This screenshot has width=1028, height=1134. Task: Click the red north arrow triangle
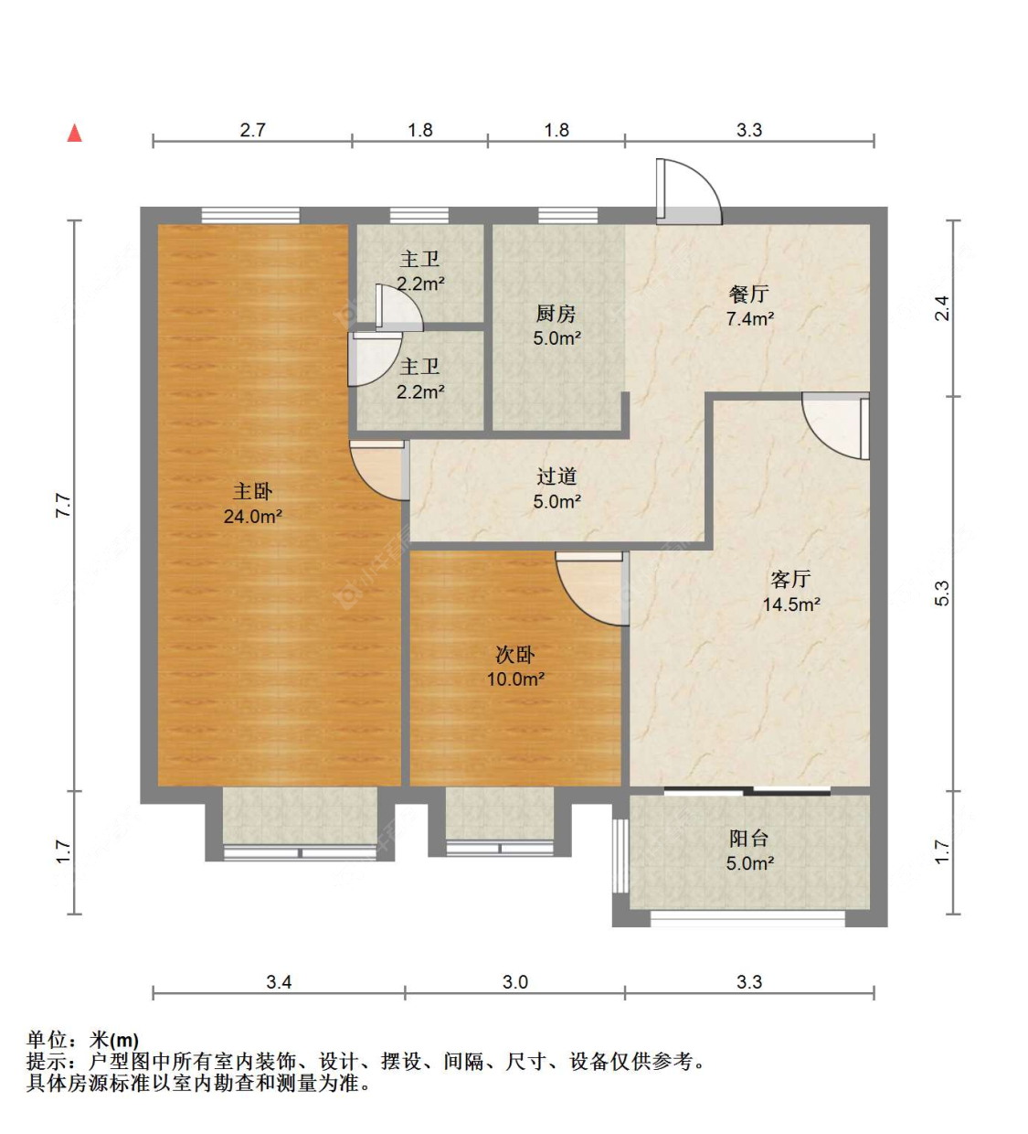coord(75,134)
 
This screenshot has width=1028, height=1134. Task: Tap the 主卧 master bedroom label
coord(252,491)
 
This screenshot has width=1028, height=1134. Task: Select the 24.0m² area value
coord(252,516)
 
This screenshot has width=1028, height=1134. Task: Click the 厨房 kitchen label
coord(556,314)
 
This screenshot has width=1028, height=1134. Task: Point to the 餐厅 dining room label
coord(749,294)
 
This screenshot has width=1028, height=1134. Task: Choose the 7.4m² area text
coord(749,319)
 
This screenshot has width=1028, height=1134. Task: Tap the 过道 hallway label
coord(556,476)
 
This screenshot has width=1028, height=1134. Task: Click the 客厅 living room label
coord(790,579)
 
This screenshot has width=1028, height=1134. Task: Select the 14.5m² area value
coord(791,604)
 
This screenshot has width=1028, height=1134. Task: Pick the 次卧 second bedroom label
coord(515,655)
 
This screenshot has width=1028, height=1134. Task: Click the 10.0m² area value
coord(515,679)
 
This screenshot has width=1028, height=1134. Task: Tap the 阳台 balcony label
coord(749,839)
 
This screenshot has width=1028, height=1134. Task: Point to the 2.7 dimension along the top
coord(252,130)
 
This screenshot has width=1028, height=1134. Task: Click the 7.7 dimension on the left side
coord(63,506)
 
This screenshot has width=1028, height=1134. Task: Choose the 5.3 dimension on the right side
coord(941,594)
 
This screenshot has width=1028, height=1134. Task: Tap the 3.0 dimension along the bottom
coord(515,982)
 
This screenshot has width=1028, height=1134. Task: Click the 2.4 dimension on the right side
coord(941,309)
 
